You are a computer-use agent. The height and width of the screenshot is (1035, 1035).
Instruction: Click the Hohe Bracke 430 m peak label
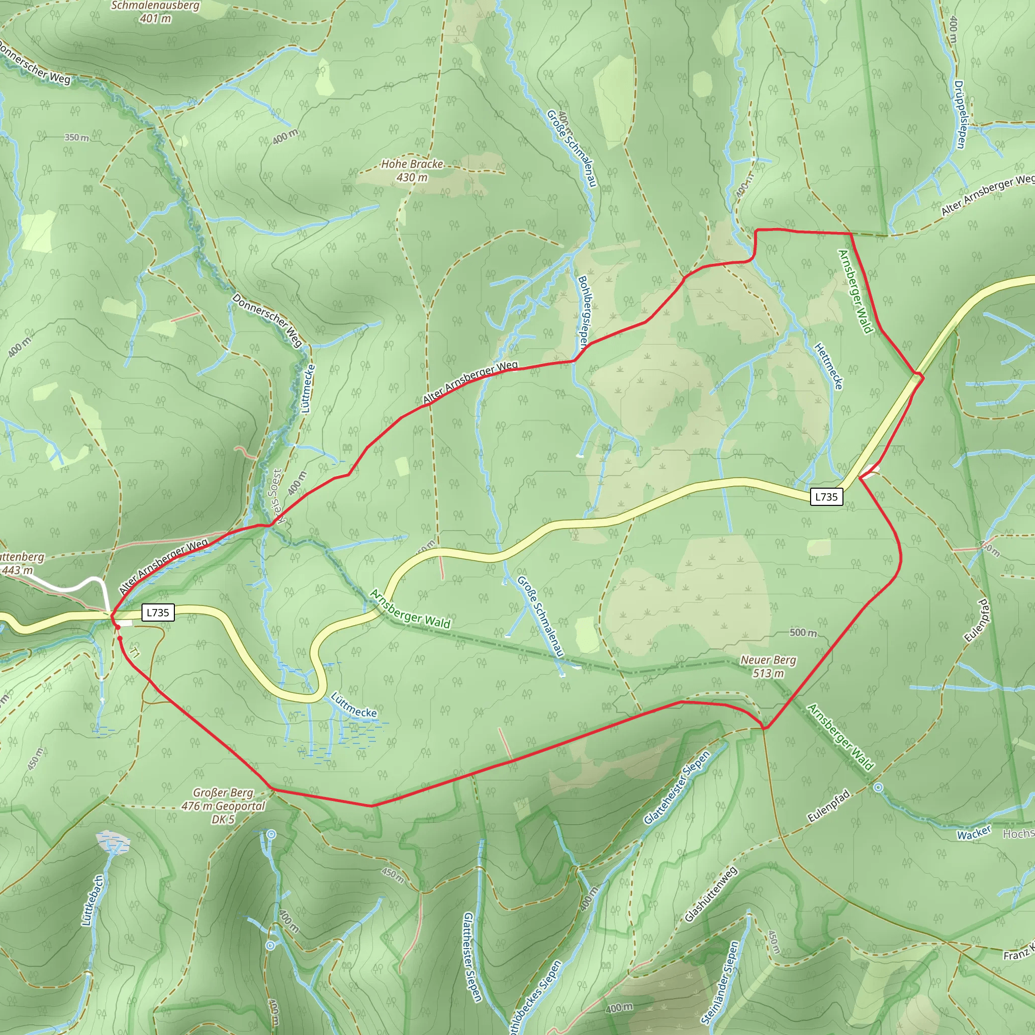(412, 170)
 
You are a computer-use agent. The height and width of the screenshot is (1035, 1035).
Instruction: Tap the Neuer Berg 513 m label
(768, 667)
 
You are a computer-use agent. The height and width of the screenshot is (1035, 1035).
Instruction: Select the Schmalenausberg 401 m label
(155, 12)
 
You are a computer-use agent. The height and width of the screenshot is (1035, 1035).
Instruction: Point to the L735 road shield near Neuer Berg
(826, 497)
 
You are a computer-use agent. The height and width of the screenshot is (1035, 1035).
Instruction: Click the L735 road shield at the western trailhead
(158, 613)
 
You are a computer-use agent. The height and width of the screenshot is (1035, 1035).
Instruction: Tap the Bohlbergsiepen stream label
(583, 313)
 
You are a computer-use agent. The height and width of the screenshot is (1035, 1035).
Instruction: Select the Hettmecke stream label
(829, 366)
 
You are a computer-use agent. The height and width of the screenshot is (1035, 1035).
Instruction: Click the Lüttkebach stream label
(91, 901)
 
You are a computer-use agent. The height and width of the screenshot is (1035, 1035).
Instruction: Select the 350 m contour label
(77, 137)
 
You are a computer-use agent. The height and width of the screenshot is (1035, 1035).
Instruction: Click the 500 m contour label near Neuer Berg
(803, 633)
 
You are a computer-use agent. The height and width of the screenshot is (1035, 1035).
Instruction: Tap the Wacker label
(974, 833)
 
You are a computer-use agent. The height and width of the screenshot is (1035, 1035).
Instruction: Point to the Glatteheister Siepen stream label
(677, 787)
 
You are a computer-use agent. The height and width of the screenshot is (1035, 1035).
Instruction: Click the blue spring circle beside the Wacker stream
(878, 787)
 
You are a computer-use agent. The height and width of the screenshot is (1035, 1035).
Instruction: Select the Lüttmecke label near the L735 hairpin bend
(354, 705)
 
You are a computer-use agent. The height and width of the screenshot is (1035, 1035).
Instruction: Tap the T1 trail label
(135, 653)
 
